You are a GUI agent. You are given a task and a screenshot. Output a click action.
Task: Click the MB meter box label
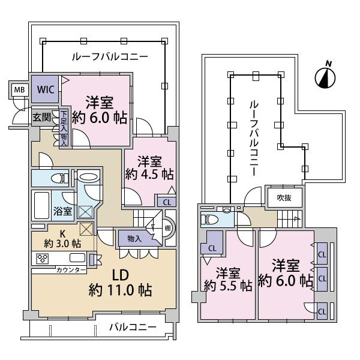click(19, 90)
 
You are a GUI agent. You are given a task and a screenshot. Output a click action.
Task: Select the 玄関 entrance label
click(41, 118)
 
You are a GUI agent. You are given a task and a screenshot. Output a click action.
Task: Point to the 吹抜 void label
click(284, 197)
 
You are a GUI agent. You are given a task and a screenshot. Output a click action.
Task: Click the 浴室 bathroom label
click(62, 211)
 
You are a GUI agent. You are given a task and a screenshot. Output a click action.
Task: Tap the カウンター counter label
click(71, 270)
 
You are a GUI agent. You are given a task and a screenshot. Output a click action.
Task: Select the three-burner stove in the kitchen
click(43, 258)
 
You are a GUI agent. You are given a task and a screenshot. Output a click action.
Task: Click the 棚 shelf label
click(167, 228)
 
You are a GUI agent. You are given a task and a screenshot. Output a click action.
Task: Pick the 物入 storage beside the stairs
click(135, 239)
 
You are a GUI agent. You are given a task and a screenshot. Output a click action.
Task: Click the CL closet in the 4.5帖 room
click(167, 202)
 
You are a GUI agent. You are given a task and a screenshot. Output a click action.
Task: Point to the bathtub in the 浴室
click(41, 205)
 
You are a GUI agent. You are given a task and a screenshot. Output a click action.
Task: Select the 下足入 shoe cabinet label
click(64, 121)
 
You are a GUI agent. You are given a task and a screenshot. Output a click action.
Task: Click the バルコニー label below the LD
click(133, 327)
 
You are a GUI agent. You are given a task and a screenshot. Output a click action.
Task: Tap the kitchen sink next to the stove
click(77, 258)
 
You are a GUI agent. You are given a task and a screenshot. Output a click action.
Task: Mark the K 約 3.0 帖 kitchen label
click(62, 239)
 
